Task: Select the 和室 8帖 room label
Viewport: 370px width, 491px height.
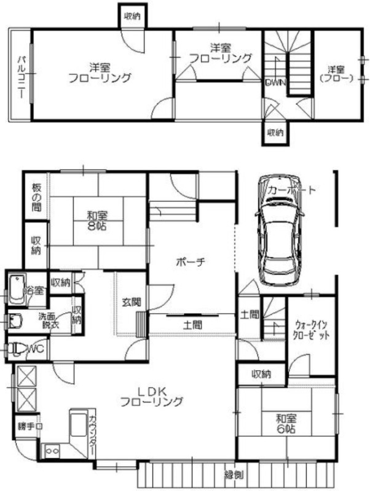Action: pos(97,220)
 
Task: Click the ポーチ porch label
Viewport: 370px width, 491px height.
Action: pos(190,261)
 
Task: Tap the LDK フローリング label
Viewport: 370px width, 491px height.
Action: pos(151,397)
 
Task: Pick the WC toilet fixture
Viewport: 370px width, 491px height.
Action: pos(18,349)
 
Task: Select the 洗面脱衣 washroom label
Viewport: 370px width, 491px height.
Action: pos(50,320)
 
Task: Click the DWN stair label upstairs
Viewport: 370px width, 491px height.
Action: pos(274,83)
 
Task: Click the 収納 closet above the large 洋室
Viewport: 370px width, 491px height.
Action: pos(132,17)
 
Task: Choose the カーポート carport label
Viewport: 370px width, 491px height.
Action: pos(292,191)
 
